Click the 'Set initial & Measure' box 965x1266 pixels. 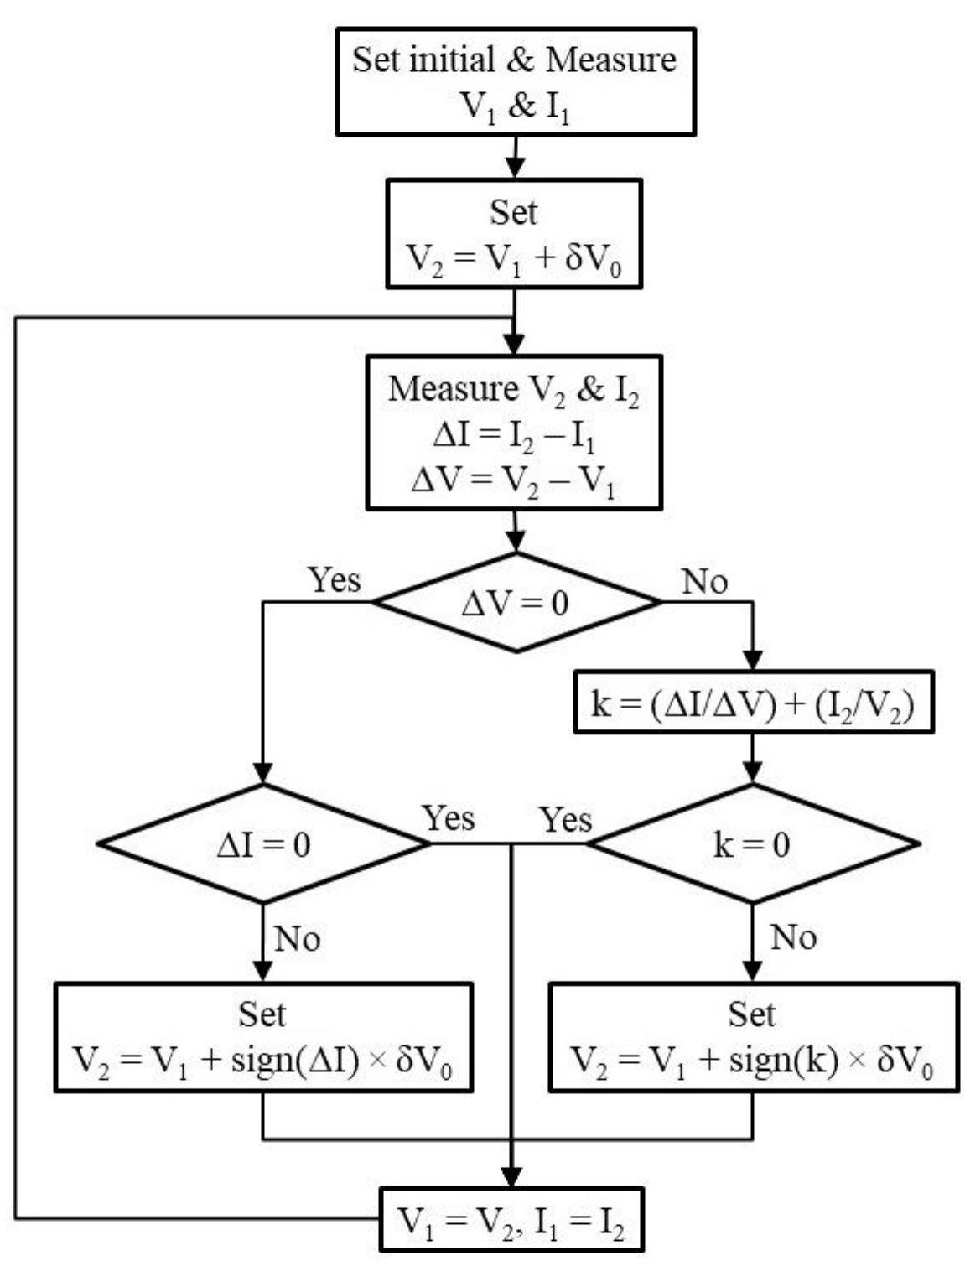tap(515, 82)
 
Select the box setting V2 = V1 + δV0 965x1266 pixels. tap(513, 234)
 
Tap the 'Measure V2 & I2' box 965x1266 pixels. tap(513, 433)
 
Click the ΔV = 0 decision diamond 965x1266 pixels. tap(516, 602)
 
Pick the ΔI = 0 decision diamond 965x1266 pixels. tap(263, 843)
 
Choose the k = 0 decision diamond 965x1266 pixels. tap(752, 843)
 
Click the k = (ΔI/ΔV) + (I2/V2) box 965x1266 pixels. tap(752, 703)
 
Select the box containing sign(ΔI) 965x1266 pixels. tap(263, 1038)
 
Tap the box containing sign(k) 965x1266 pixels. tap(752, 1038)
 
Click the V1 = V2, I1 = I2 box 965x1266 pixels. tap(511, 1218)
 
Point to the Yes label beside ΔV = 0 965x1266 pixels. tap(334, 579)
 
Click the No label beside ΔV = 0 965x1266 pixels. tap(704, 581)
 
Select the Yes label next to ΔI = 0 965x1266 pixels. tap(448, 818)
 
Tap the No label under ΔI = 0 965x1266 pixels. tap(298, 938)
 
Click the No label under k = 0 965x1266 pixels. tap(792, 937)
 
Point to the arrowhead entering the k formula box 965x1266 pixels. tap(752, 660)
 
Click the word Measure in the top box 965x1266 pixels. tap(610, 60)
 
